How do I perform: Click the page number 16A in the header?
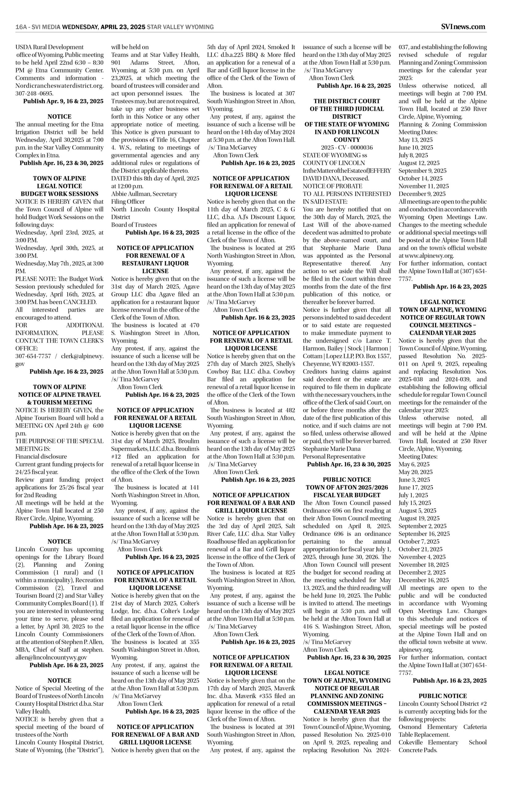[x=21, y=27]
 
